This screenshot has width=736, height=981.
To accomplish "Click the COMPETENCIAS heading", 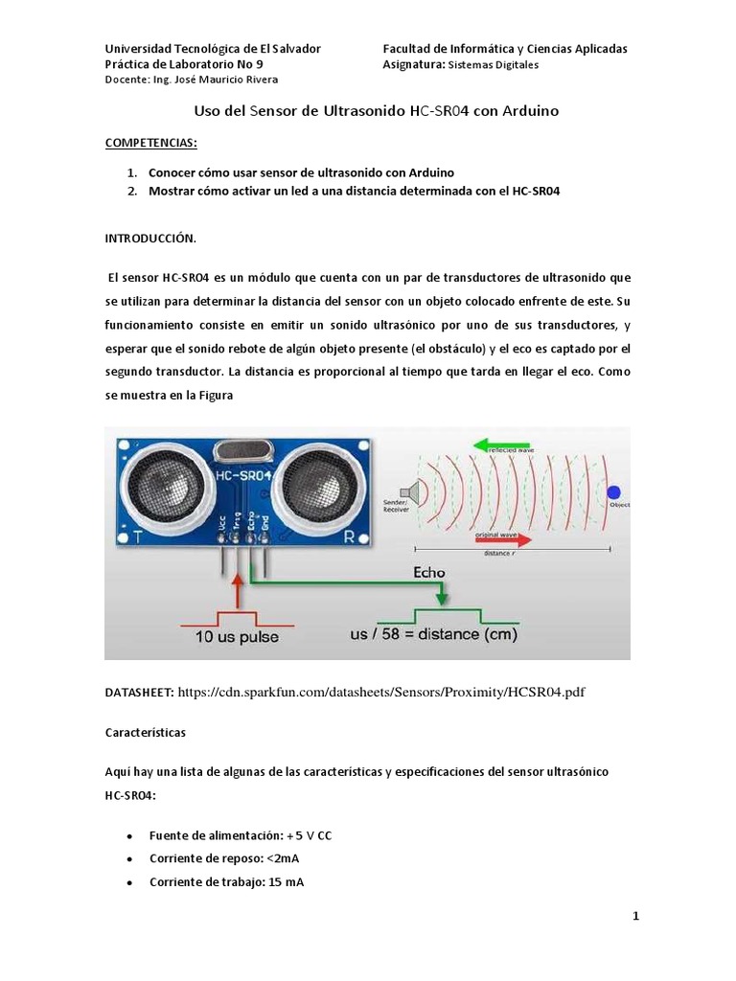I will click(x=150, y=143).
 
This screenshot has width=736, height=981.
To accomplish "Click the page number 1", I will click(x=635, y=916).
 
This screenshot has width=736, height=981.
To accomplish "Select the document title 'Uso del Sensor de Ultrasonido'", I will click(x=376, y=111).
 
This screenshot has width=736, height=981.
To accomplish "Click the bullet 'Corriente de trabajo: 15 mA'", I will click(x=226, y=882).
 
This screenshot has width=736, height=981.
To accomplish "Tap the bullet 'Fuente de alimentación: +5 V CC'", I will click(x=241, y=835).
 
